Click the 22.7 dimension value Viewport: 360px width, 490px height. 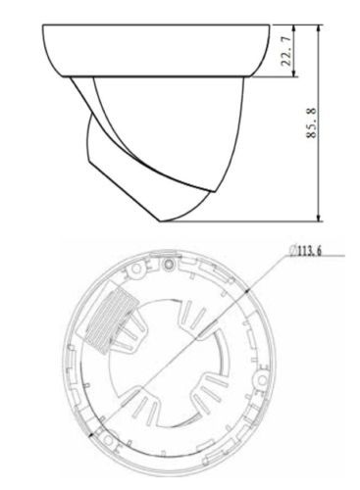286,51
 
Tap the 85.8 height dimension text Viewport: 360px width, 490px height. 312,122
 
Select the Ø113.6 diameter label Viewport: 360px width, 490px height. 305,251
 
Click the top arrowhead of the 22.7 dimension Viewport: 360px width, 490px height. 294,28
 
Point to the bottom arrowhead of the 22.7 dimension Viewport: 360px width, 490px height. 294,73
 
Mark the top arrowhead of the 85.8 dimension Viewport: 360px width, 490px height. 319,28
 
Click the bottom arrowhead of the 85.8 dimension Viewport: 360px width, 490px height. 319,218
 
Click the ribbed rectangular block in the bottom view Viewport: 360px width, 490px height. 111,322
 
